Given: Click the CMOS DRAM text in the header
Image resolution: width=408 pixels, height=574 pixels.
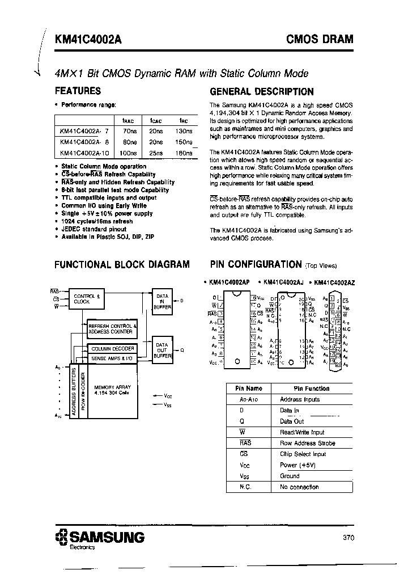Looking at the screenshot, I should click(x=325, y=39).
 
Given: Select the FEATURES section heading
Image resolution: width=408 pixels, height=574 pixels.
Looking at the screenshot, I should click(x=78, y=91).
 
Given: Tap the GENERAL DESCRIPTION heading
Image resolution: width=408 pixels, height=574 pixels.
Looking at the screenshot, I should click(x=261, y=91).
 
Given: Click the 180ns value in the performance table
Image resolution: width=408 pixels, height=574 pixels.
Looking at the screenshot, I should click(x=184, y=153).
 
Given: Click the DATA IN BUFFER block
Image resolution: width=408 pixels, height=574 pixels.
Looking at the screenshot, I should click(x=162, y=301).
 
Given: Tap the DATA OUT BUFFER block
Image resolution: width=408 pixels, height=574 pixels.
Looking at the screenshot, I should click(x=162, y=350).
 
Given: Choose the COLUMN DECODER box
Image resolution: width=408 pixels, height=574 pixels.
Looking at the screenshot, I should click(x=113, y=349).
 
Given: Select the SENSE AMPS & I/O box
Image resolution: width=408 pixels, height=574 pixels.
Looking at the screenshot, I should click(x=112, y=358).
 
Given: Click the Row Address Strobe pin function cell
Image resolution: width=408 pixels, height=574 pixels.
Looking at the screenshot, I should click(x=307, y=443).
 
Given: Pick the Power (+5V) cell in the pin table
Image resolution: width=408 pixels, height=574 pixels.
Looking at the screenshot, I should click(x=297, y=465).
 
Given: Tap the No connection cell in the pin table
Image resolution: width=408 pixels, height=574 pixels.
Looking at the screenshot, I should click(x=299, y=487).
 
